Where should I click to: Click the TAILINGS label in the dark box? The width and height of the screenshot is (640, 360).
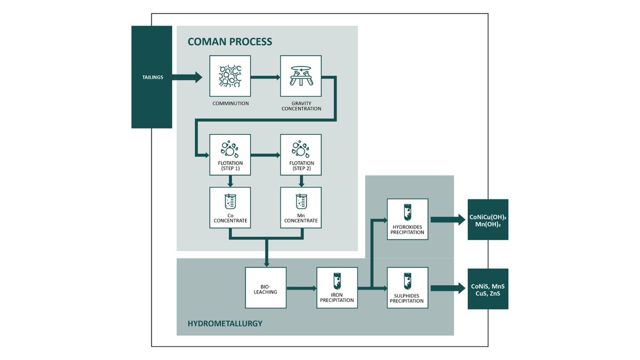(x=151, y=77)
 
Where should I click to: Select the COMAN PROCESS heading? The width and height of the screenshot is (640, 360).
(x=230, y=42)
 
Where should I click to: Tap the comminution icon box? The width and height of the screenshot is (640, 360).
(x=230, y=76)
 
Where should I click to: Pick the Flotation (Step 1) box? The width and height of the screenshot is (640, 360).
(x=230, y=155)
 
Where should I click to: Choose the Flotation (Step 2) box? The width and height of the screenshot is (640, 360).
(x=301, y=155)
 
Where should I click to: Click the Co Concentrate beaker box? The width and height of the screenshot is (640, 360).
(x=230, y=207)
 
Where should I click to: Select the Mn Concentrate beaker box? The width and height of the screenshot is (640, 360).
(x=301, y=207)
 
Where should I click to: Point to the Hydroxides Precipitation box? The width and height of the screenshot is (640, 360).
(x=407, y=219)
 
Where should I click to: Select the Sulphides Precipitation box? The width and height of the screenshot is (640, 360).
(x=407, y=288)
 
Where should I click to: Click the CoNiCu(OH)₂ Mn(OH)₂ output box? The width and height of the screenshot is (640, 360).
(x=487, y=220)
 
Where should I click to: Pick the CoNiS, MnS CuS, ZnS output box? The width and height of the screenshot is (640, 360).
(x=487, y=289)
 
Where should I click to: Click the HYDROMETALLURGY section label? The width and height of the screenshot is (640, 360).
(x=225, y=323)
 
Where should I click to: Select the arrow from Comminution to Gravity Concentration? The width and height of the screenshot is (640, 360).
(x=265, y=77)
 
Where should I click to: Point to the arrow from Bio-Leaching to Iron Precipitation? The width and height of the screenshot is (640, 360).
(x=301, y=289)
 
